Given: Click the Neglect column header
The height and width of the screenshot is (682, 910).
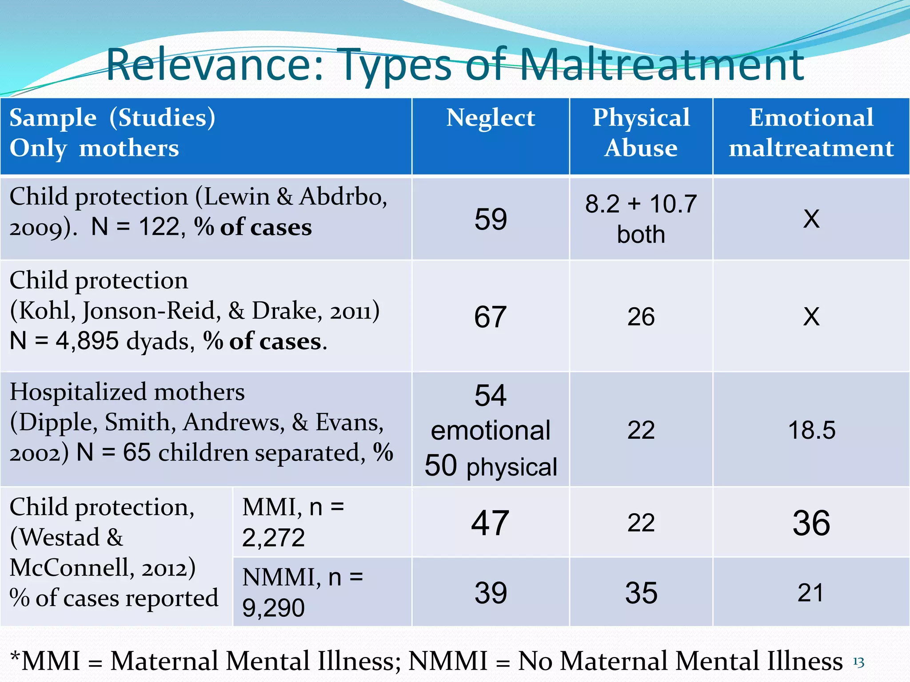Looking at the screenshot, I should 491,118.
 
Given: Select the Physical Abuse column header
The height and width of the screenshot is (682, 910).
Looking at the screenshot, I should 641,133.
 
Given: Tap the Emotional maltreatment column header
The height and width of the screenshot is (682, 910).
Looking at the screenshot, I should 811,133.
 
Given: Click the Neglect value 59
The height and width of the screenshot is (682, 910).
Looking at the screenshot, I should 491,219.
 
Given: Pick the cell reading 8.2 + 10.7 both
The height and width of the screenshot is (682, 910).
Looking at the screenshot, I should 641,219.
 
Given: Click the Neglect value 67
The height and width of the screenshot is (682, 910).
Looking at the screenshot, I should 491,317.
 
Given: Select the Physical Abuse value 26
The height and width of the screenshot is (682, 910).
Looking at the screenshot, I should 641,317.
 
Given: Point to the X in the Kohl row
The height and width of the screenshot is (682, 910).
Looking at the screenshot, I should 811,317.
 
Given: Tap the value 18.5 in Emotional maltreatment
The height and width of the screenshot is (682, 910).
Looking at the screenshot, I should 811,430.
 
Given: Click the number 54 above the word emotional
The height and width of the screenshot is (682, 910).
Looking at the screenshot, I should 491,395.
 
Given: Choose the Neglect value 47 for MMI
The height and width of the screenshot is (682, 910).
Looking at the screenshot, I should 491,523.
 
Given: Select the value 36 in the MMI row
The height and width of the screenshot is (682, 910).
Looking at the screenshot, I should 811,523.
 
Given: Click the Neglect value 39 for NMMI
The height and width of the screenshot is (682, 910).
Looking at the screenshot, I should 491,593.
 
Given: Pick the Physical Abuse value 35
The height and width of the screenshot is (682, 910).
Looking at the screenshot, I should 641,593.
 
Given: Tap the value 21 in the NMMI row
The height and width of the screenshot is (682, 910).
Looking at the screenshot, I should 811,593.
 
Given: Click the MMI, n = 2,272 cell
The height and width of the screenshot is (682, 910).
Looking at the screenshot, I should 293,522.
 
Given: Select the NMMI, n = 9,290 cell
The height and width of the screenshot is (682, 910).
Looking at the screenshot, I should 302,592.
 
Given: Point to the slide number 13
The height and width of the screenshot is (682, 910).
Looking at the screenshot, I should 858,663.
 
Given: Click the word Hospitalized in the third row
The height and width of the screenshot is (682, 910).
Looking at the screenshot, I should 78,393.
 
